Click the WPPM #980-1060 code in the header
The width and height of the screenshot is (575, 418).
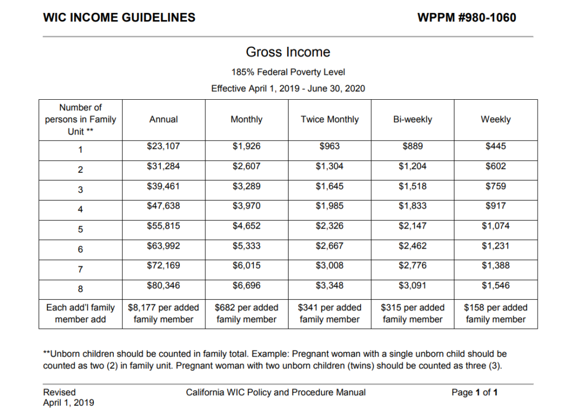click(466, 17)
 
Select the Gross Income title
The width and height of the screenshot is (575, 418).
click(288, 52)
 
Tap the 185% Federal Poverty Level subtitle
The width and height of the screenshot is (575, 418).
click(288, 72)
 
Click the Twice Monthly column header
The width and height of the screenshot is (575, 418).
click(329, 119)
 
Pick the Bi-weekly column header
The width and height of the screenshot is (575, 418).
click(413, 119)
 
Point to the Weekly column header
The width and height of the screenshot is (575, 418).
click(496, 119)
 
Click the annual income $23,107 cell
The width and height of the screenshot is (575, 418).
click(164, 147)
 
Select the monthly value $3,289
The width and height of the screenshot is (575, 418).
click(246, 186)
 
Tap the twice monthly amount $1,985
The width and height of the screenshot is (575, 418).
click(329, 206)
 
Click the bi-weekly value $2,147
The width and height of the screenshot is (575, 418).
click(413, 226)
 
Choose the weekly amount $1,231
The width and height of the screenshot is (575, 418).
click(496, 246)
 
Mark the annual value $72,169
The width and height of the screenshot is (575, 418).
click(164, 266)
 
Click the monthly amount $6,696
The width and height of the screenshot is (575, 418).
click(246, 286)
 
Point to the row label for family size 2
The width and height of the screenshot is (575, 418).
click(80, 170)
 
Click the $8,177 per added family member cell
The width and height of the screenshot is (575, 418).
click(164, 313)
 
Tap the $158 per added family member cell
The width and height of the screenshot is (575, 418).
click(496, 313)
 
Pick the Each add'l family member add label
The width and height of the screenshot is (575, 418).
click(80, 313)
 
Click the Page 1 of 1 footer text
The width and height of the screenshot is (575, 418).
click(475, 392)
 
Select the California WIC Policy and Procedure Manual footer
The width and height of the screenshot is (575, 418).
click(276, 392)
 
